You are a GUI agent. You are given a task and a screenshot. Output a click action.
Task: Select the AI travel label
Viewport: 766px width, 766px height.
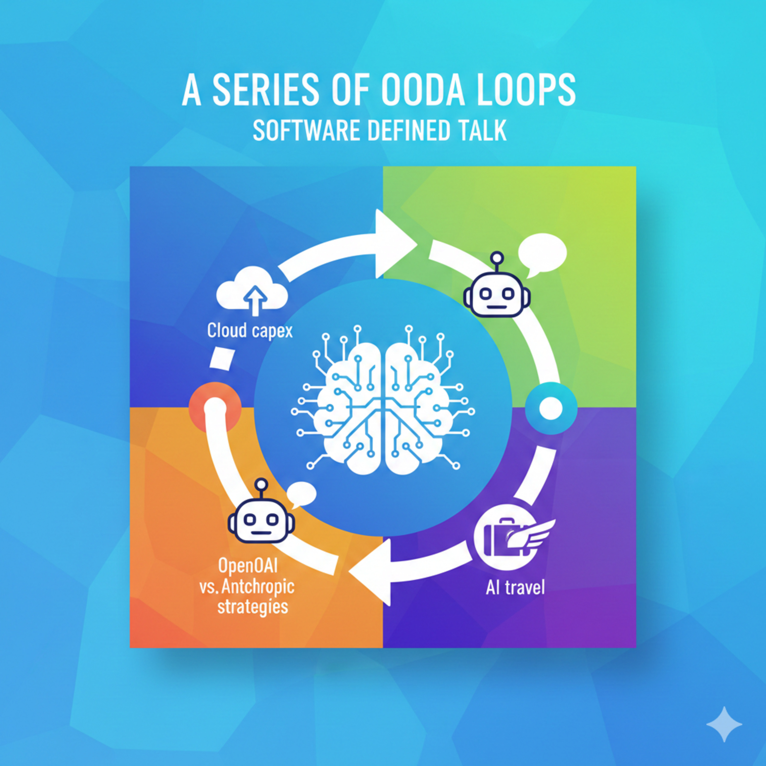coord(515,587)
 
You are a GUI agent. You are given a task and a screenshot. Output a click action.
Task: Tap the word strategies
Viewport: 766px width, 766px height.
coord(253,607)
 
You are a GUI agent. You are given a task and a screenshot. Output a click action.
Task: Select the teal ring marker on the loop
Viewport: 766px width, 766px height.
coord(551,408)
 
